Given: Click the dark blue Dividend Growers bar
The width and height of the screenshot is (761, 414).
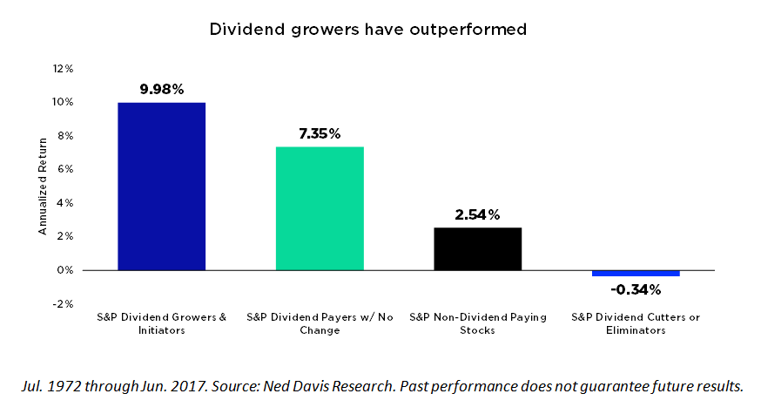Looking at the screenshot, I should pyautogui.click(x=161, y=186).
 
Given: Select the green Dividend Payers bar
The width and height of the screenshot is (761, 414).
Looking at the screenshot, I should pyautogui.click(x=320, y=208).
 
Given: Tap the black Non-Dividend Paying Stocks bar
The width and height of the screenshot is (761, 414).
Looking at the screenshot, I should pyautogui.click(x=477, y=248).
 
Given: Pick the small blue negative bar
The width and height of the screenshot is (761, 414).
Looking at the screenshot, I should pyautogui.click(x=636, y=273).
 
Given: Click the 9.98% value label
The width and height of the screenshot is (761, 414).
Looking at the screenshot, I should pyautogui.click(x=161, y=89).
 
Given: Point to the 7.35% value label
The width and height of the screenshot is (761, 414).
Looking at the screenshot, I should pyautogui.click(x=320, y=133).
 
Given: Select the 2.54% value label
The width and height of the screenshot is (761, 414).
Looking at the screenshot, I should pyautogui.click(x=477, y=214).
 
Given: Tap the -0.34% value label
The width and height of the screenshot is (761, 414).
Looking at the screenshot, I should pyautogui.click(x=636, y=289).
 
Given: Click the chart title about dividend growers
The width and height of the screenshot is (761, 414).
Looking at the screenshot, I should pyautogui.click(x=368, y=29).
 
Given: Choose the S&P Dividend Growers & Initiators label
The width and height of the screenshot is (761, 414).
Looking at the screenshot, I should pyautogui.click(x=161, y=323).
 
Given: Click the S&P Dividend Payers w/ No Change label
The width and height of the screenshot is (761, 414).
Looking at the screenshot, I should pyautogui.click(x=320, y=323).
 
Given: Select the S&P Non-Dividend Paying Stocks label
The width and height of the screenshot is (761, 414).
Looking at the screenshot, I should pyautogui.click(x=477, y=323).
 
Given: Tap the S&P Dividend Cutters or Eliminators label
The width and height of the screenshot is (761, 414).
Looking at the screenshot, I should pyautogui.click(x=636, y=323).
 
